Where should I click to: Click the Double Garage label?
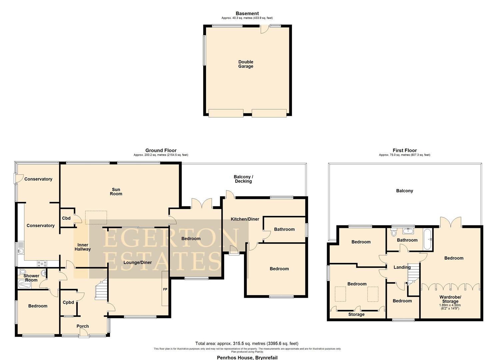click(246, 64)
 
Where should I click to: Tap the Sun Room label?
click(116, 192)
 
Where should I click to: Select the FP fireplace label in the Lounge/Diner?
click(165, 289)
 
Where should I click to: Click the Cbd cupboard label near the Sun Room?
click(66, 218)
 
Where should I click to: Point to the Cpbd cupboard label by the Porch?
click(68, 303)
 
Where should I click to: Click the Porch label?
click(83, 326)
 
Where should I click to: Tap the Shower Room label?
click(31, 278)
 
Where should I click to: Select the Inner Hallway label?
click(82, 247)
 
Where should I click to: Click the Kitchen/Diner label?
click(245, 219)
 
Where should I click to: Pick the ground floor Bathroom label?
click(284, 229)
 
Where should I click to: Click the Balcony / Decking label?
click(243, 179)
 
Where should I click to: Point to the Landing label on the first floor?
click(402, 267)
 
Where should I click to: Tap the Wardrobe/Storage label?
click(450, 299)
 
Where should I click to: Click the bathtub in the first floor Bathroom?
click(428, 239)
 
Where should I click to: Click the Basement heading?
click(247, 14)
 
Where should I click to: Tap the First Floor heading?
click(405, 150)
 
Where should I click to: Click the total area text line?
click(247, 343)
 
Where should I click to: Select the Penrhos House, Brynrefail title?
click(247, 358)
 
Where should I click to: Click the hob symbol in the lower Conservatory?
click(43, 263)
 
